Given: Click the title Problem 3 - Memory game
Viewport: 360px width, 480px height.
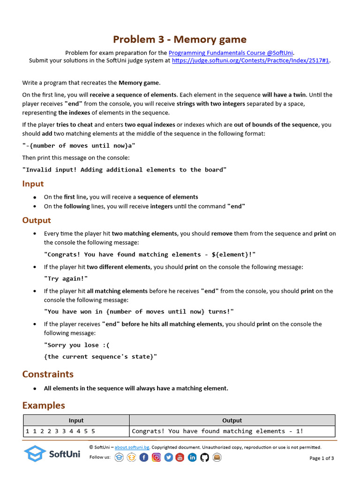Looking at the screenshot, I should click(180, 39).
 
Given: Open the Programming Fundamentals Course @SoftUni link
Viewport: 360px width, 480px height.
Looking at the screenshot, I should click(231, 53).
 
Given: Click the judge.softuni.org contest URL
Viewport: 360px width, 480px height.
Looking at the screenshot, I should click(251, 60).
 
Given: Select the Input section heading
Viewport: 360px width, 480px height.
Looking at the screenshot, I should click(33, 184).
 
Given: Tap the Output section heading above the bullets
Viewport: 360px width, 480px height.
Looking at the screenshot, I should click(37, 220).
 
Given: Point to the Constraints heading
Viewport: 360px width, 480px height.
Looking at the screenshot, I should click(48, 374).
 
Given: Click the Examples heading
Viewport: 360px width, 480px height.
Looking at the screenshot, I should click(44, 405).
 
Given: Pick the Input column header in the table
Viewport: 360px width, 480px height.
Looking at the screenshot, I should click(76, 420).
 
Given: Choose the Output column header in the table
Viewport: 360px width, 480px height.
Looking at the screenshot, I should click(232, 420).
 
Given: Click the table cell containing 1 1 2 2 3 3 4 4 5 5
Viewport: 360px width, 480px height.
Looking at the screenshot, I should click(60, 431).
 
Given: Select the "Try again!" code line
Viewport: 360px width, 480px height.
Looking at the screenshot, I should click(66, 278).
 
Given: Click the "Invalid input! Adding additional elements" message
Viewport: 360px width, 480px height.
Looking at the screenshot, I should click(124, 170).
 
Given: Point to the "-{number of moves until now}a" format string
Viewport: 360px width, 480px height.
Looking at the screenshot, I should click(79, 146).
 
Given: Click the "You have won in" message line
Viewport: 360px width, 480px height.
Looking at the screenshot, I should click(139, 312).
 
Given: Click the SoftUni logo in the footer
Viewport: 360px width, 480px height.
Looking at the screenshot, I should click(52, 453).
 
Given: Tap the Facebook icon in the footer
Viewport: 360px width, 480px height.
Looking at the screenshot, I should click(144, 457).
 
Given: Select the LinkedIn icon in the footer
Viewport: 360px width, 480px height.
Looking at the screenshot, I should click(192, 457).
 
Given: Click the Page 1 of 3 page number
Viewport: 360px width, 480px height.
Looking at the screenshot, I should click(322, 458).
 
